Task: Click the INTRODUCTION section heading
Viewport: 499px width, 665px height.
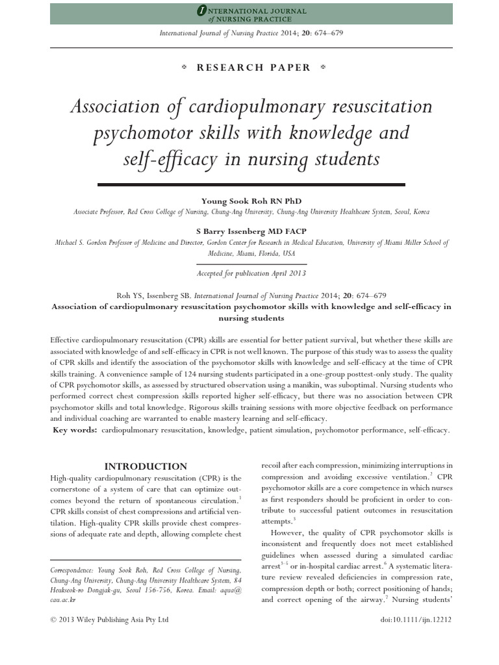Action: coord(146,466)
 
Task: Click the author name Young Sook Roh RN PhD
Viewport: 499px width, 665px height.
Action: coord(251,201)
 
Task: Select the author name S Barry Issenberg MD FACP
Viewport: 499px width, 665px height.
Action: coord(251,231)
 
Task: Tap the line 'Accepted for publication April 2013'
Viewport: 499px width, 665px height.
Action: coord(251,273)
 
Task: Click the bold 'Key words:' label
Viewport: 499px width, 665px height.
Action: coord(76,430)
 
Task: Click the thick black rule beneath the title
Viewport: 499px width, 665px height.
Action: coord(251,185)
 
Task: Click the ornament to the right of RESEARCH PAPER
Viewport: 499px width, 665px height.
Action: coord(323,67)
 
